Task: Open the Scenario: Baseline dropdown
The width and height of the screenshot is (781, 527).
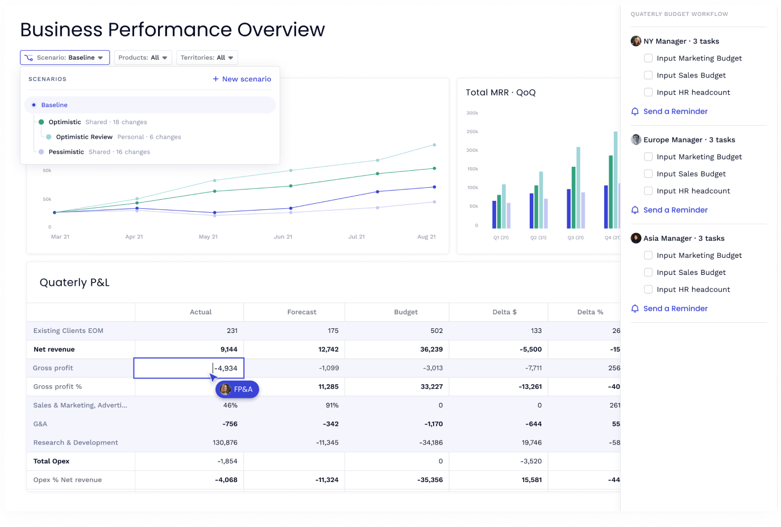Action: tap(65, 57)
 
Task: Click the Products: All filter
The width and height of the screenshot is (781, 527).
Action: tap(143, 57)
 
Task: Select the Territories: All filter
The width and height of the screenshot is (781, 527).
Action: tap(206, 57)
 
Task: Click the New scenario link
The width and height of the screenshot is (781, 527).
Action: tap(242, 79)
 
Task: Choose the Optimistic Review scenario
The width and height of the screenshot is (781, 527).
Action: tap(84, 137)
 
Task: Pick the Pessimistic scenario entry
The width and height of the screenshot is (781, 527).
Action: tap(66, 152)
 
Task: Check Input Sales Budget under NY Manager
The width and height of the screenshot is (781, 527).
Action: tap(648, 75)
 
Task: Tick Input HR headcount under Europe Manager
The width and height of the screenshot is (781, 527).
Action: tap(648, 191)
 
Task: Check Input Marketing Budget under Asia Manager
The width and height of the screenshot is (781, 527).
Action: tap(648, 255)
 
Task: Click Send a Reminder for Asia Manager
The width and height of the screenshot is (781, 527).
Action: tap(675, 308)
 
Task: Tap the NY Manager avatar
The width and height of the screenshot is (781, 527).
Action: tap(636, 41)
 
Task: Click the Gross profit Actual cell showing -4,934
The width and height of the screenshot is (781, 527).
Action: tap(189, 368)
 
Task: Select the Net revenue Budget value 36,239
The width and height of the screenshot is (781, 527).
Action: tap(431, 349)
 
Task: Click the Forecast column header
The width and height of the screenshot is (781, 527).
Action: tap(302, 312)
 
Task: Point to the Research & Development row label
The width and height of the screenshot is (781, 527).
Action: tap(76, 443)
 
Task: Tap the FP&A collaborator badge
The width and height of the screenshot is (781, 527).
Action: tap(238, 389)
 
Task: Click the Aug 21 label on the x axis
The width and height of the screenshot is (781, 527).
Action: tap(426, 237)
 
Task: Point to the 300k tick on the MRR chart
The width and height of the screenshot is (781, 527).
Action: tap(472, 113)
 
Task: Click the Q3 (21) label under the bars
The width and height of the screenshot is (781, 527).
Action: tap(575, 238)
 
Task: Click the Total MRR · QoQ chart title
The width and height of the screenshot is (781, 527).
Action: tap(500, 92)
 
